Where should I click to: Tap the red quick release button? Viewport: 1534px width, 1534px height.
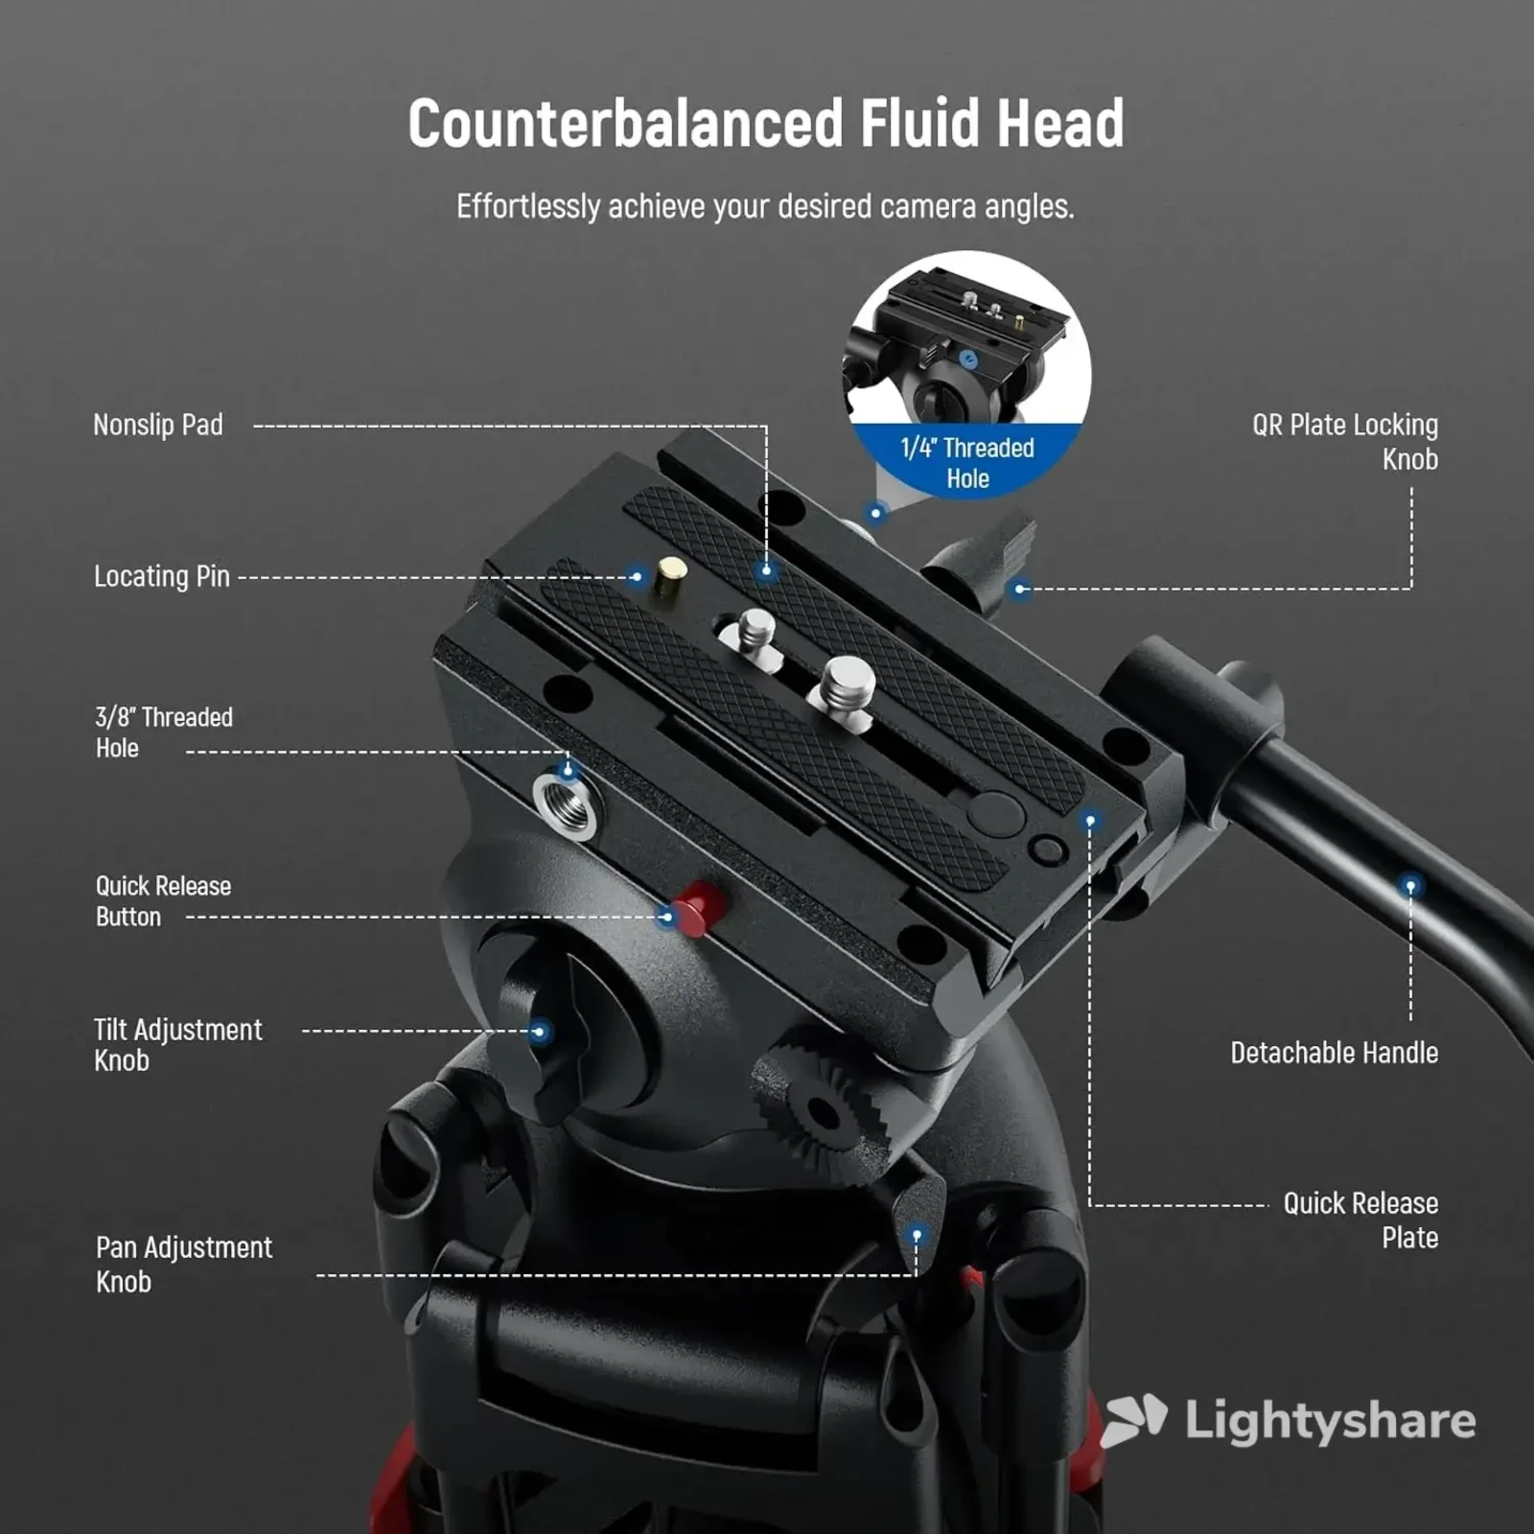(699, 907)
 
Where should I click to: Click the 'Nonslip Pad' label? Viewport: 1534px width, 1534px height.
(158, 425)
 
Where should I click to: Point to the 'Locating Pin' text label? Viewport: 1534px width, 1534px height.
(162, 576)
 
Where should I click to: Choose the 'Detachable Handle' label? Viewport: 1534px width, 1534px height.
(1334, 1053)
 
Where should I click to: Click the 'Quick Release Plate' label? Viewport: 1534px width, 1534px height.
(1360, 1220)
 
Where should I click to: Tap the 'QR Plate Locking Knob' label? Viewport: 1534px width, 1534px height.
(1345, 441)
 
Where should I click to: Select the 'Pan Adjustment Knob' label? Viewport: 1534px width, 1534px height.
(183, 1264)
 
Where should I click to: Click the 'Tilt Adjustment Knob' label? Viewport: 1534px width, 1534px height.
(177, 1045)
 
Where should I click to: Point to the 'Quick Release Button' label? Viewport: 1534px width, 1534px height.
(163, 901)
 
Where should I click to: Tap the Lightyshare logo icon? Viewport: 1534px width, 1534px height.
(1134, 1419)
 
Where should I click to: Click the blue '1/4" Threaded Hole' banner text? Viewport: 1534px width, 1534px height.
(967, 463)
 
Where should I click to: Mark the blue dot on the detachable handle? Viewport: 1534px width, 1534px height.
(1410, 887)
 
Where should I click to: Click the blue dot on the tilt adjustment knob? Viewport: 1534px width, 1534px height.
(540, 1032)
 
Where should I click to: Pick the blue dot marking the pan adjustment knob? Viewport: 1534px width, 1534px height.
(917, 1236)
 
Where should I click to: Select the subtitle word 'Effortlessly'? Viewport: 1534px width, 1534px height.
(528, 207)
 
